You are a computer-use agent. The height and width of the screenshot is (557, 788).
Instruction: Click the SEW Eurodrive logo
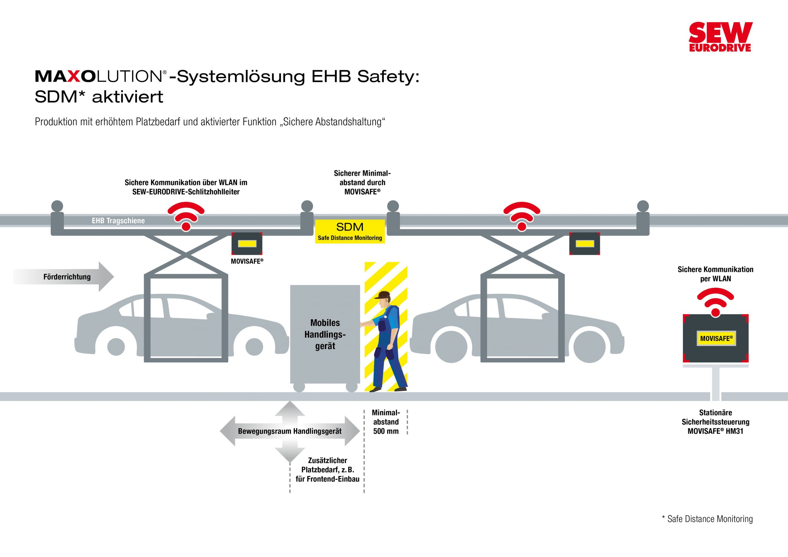[x=720, y=37]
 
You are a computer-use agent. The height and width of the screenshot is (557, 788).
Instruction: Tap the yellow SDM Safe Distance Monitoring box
[x=350, y=231]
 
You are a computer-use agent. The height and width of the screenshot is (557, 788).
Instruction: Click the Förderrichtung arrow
[x=65, y=277]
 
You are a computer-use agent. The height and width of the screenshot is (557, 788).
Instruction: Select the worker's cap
[x=383, y=295]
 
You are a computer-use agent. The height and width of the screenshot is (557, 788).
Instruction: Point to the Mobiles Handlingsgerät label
[x=325, y=334]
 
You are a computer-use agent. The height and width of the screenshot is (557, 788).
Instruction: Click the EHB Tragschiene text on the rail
[x=118, y=221]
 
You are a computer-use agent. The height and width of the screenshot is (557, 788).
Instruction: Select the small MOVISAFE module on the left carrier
[x=247, y=244]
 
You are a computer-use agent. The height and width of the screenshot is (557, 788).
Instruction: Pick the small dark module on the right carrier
[x=585, y=244]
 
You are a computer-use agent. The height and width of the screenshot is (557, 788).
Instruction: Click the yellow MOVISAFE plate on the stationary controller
[x=716, y=339]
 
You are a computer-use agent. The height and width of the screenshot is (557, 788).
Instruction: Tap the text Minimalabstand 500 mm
[x=386, y=422]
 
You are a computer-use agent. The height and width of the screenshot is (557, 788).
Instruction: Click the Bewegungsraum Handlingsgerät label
[x=290, y=431]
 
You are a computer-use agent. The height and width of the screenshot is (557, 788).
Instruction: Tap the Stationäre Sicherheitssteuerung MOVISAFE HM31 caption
[x=715, y=422]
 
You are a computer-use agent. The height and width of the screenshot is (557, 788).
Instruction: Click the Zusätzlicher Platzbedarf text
[x=328, y=470]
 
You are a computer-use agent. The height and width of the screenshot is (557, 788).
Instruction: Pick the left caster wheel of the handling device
[x=299, y=387]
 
